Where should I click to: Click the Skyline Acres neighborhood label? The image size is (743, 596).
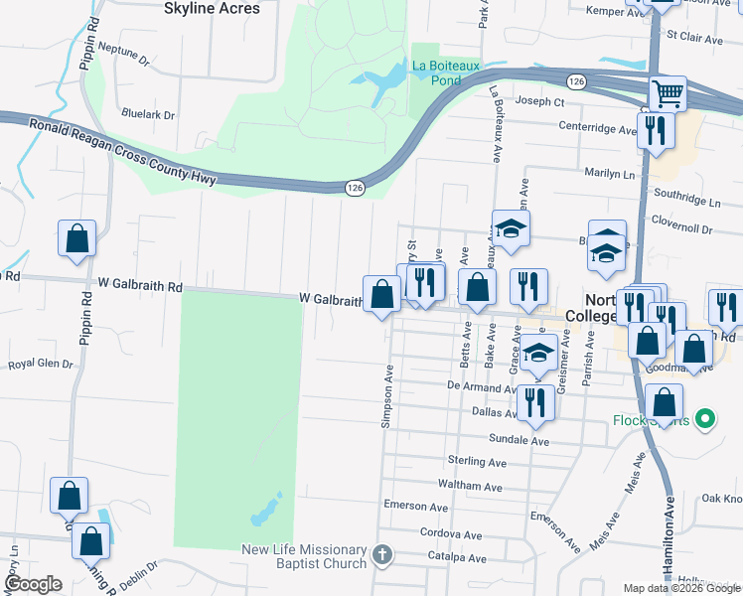[x=212, y=8]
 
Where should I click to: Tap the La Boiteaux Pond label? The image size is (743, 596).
[x=446, y=73]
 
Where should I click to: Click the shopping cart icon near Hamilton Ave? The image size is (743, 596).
[x=668, y=94]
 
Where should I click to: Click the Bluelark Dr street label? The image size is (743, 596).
[x=147, y=114]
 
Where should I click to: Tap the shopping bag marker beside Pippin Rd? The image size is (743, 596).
[x=76, y=238]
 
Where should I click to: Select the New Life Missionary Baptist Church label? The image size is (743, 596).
[x=305, y=557]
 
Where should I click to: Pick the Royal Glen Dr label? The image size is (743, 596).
[x=41, y=365]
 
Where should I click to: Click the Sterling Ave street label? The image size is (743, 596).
[x=477, y=462]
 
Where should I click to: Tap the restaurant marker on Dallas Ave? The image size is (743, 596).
[x=535, y=402]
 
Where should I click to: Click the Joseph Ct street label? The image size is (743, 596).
[x=540, y=101]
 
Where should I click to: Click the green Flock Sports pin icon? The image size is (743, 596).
[x=705, y=419]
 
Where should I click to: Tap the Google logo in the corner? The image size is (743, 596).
[x=32, y=584]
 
